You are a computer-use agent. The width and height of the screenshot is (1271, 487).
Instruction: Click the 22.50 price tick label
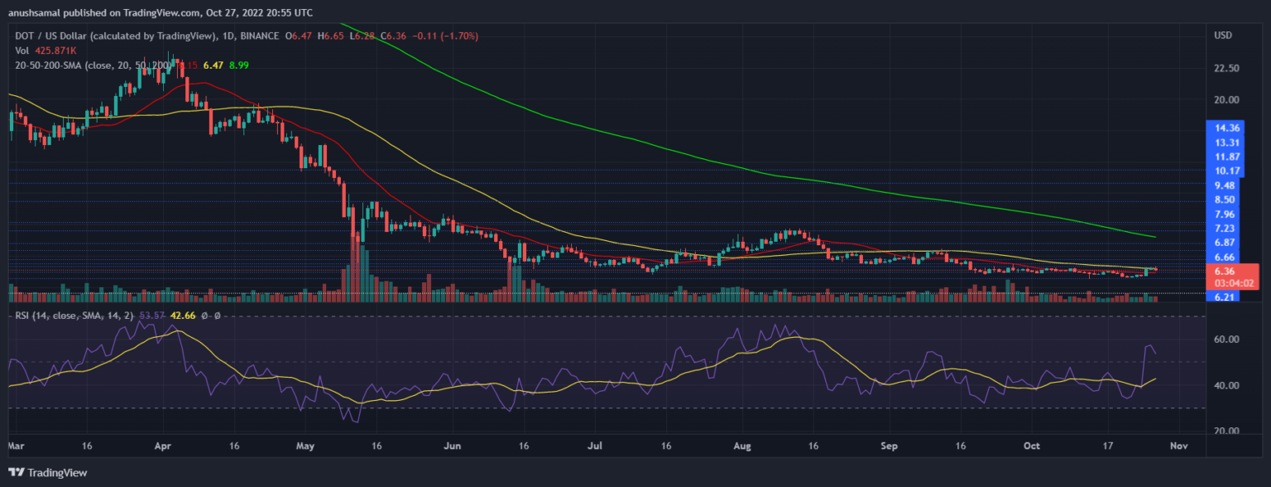point(1225,69)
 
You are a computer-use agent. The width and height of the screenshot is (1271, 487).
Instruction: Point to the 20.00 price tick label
point(1225,100)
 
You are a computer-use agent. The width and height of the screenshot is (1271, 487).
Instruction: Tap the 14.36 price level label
point(1225,128)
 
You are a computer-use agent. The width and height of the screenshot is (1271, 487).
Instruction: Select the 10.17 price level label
point(1225,171)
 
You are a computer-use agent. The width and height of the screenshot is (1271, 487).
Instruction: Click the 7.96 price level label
point(1225,214)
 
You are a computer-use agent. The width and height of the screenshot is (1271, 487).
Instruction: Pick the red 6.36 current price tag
point(1225,271)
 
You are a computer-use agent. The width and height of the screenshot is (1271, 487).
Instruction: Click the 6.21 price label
point(1225,296)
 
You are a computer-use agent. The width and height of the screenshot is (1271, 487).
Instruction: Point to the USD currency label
point(1224,36)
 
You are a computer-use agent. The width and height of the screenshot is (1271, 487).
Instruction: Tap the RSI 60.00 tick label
point(1225,340)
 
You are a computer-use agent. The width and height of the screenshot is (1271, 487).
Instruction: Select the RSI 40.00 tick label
point(1225,386)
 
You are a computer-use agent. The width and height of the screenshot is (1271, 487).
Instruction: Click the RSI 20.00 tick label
point(1225,432)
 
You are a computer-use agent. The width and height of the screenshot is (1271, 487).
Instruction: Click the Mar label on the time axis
point(16,446)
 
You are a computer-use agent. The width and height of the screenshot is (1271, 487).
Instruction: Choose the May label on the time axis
point(305,446)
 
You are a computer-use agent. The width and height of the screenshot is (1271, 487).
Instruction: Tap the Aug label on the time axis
point(742,446)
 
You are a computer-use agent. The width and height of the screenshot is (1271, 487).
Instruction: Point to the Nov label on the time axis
point(1178,446)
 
